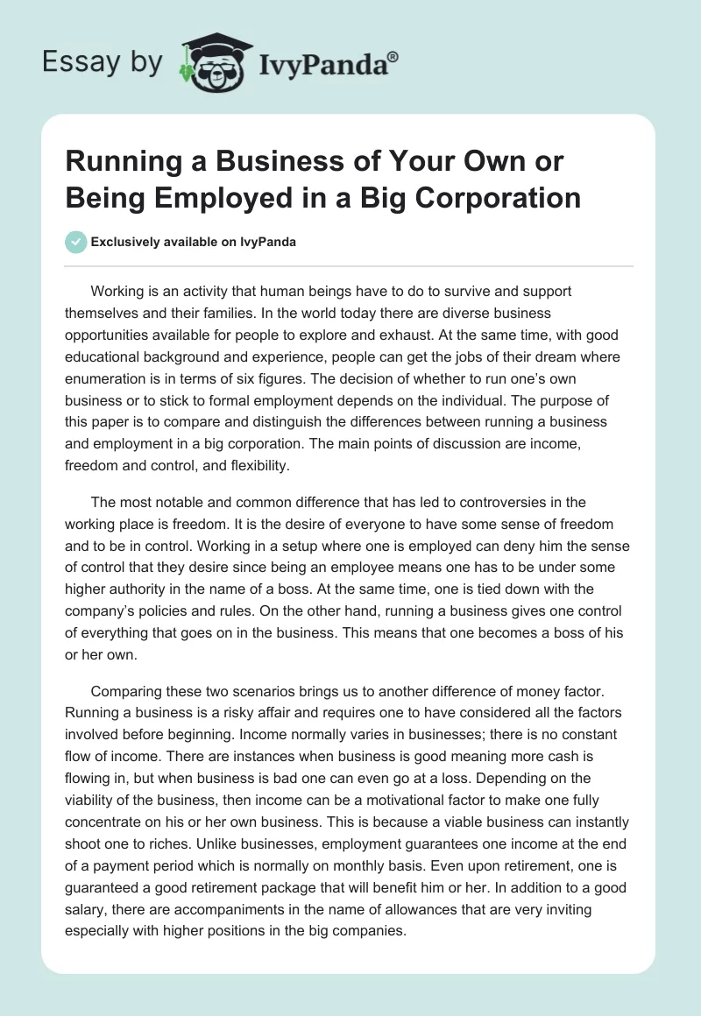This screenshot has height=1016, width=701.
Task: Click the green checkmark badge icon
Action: tap(76, 242)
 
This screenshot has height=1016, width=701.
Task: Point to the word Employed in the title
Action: tap(203, 197)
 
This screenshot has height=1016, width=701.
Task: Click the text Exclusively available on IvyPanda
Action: tap(194, 242)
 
